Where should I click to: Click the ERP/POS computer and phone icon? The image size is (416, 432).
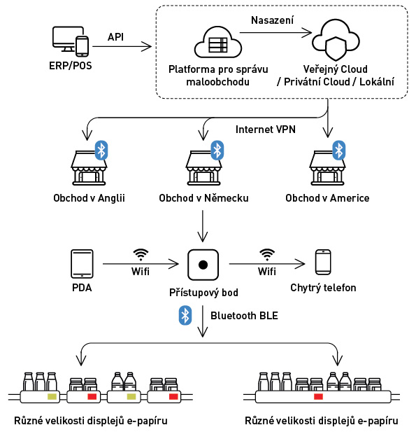(x=71, y=41)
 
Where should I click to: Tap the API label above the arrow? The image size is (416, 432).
(x=115, y=37)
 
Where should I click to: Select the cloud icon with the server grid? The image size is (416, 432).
(x=218, y=42)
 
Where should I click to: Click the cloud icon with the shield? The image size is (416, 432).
(x=336, y=40)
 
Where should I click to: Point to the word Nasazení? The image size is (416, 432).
(x=273, y=20)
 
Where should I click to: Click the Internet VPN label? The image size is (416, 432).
(x=266, y=130)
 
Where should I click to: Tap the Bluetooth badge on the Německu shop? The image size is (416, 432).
(x=217, y=151)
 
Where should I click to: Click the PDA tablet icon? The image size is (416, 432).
(x=82, y=264)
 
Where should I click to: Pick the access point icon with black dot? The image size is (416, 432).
(x=203, y=265)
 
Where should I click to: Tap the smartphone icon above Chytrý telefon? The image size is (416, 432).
(x=323, y=262)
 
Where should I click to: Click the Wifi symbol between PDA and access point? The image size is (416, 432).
(x=141, y=255)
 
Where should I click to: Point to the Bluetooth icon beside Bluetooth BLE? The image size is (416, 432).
(x=185, y=315)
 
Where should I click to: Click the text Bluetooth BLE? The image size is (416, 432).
(x=244, y=316)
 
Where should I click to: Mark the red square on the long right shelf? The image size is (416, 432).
(x=318, y=396)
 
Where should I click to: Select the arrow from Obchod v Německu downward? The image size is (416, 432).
(x=203, y=226)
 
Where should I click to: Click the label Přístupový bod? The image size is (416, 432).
(x=203, y=293)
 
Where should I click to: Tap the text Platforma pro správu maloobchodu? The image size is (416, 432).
(x=218, y=76)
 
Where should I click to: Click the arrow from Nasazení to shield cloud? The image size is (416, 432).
(x=275, y=33)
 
